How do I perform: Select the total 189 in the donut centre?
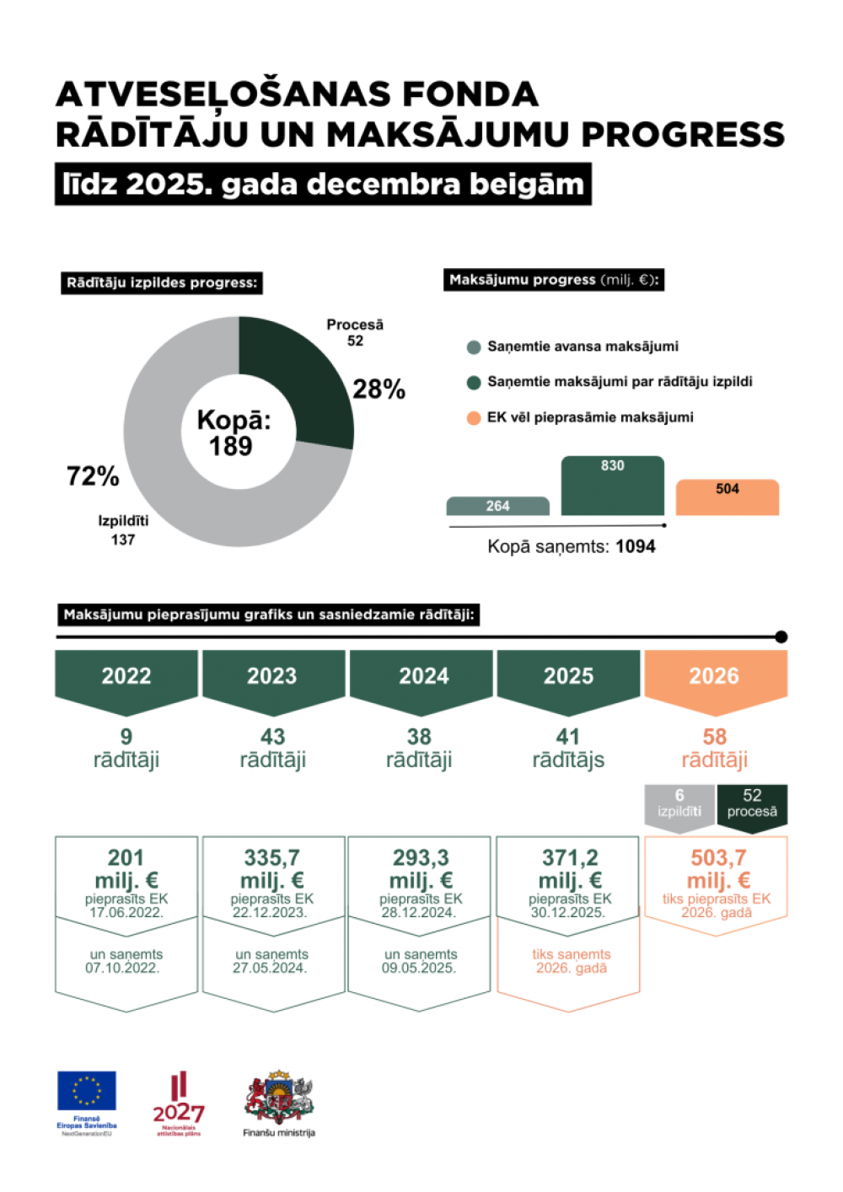point(231,446)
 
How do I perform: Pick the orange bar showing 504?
point(728,497)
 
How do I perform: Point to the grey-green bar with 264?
point(497,506)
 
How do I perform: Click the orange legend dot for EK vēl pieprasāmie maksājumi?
point(474,418)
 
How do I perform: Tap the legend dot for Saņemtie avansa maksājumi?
point(474,347)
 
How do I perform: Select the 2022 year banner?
point(126,676)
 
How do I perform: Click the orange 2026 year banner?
point(715,676)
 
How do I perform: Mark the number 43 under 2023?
point(272,737)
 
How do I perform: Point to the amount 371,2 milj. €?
point(570,868)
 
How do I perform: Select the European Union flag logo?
point(87,1091)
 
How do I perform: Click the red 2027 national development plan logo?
point(179,1100)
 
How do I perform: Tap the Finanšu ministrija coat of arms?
point(279,1096)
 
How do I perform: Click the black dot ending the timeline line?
point(781,637)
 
